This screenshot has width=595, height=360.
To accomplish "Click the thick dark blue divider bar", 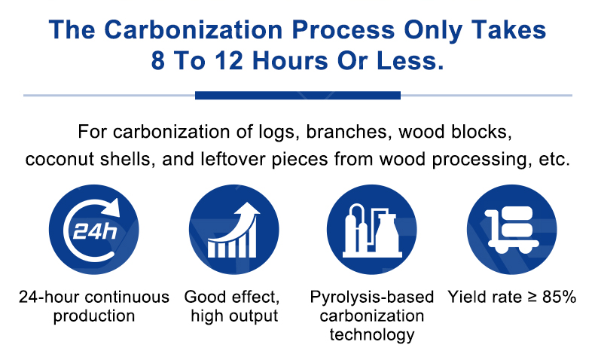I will [297, 96].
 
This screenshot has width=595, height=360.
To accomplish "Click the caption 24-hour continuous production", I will [94, 306].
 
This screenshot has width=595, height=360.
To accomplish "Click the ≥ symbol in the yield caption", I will [530, 297].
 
